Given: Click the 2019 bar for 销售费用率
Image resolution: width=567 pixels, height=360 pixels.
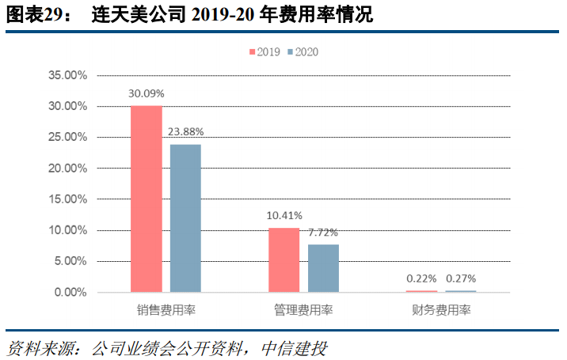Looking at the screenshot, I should (x=147, y=199).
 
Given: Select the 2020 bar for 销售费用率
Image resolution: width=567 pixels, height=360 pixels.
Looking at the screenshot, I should (x=185, y=218).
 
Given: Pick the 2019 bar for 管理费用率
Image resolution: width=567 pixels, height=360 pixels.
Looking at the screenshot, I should (x=284, y=260).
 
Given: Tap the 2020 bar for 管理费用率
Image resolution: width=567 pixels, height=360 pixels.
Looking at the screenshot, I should (x=323, y=268).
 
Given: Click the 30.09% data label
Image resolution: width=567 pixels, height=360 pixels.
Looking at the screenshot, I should (x=147, y=93).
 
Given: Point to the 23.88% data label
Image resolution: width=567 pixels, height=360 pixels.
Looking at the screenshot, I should (x=186, y=131).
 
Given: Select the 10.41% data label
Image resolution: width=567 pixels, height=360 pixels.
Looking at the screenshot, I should (x=284, y=215).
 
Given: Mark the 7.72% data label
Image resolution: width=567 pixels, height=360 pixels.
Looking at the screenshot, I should (x=323, y=233).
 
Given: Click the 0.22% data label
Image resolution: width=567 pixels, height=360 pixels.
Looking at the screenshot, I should (x=421, y=279).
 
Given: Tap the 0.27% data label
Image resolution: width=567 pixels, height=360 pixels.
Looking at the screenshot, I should (x=461, y=279).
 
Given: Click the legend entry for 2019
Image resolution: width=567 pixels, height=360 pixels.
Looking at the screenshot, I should (x=265, y=51).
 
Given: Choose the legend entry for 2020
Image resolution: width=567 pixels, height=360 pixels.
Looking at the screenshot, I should (x=303, y=51).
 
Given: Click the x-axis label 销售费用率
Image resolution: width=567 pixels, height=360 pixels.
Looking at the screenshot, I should (x=166, y=311).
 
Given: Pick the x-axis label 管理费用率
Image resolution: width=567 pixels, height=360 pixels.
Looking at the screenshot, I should (x=304, y=311).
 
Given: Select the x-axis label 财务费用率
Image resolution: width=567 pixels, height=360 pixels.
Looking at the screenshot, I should (x=441, y=311).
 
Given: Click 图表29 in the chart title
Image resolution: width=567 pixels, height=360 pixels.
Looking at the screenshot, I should (x=31, y=14).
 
